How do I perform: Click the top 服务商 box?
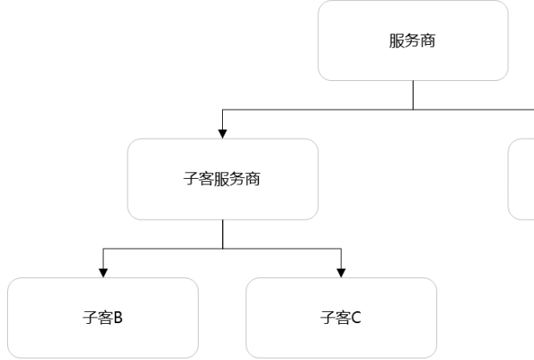pos(413,41)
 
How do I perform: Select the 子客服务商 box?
pos(222,179)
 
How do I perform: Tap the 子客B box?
pos(103,318)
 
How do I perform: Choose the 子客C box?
pos(341,318)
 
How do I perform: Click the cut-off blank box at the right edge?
pos(522,179)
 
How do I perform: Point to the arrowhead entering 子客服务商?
pos(222,133)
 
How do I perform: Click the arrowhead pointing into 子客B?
pos(103,273)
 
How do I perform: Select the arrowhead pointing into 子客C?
pos(342,273)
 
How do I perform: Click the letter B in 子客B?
pos(118,318)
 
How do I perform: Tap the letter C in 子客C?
pos(357,318)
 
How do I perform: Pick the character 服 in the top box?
pos(397,41)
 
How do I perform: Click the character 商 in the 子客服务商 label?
pos(253,179)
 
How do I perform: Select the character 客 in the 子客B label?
pos(103,318)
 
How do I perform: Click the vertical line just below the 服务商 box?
pos(413,94)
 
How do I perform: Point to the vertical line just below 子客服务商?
pos(222,233)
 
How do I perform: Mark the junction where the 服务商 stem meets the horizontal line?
pos(413,108)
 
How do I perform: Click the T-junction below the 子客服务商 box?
pos(222,248)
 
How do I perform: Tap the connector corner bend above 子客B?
pos(103,248)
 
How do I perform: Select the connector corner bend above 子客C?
pos(342,248)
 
